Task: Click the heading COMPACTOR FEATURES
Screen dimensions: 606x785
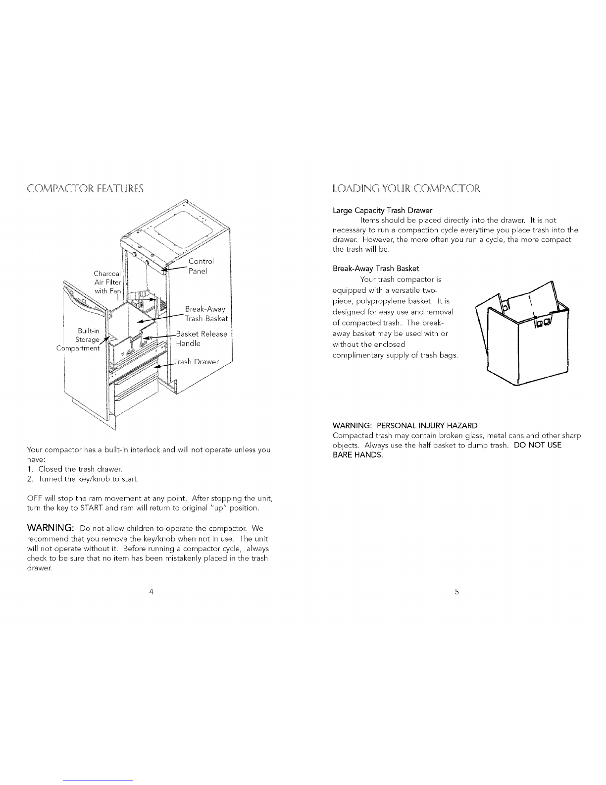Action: point(85,189)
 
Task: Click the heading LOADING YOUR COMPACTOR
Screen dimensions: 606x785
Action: point(406,189)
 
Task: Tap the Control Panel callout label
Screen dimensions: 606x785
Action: point(201,266)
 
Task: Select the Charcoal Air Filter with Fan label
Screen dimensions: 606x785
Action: point(107,282)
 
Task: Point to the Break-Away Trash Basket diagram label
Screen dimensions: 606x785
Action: point(206,314)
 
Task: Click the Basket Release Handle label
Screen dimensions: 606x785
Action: point(202,338)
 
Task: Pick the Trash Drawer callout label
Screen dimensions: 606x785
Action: point(196,362)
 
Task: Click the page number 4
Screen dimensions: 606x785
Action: point(151,591)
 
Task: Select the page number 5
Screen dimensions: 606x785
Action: point(457,591)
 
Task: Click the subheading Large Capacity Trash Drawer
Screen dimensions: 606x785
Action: point(382,210)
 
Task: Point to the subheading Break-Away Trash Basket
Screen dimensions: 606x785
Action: point(376,269)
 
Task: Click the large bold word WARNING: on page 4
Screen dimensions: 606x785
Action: point(50,528)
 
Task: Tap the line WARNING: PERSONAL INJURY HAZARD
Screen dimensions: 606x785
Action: point(405,426)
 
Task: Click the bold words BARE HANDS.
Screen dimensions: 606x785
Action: point(357,455)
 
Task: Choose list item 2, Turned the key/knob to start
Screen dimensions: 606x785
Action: point(83,479)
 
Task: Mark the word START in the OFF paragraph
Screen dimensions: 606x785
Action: point(92,508)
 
